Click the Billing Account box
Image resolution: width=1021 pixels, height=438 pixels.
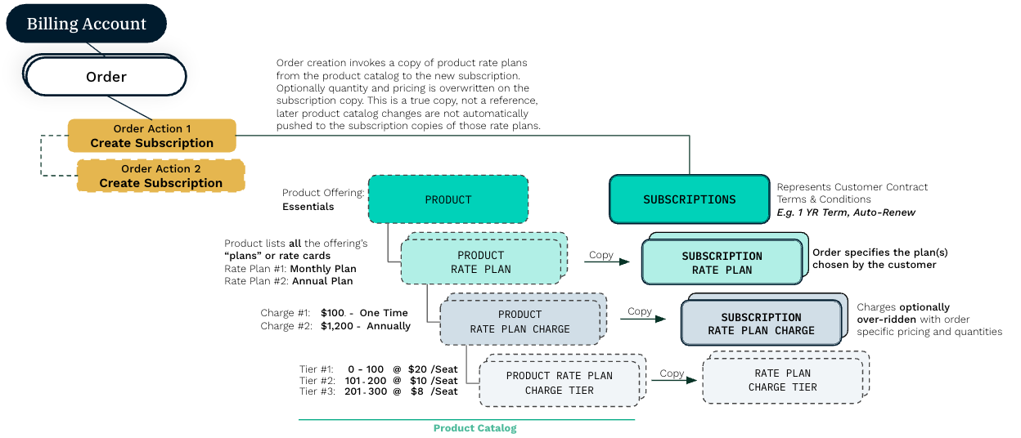coord(86,24)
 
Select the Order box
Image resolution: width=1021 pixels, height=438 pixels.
coord(106,77)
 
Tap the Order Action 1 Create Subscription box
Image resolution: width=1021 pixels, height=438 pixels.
coord(152,136)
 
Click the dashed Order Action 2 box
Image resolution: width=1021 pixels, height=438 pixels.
coord(161,176)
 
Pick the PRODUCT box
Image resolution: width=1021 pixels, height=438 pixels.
coord(448,199)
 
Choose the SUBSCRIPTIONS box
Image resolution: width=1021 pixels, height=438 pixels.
coord(689,199)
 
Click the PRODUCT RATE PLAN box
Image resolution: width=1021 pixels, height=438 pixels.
coord(481,262)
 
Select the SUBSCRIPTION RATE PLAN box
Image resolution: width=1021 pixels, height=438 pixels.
coord(722,262)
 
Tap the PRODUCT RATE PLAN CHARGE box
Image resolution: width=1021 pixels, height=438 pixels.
coord(519,322)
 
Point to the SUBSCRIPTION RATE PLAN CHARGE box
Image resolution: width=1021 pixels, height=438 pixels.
coord(761,324)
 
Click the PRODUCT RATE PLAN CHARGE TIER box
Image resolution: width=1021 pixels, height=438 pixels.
coord(559,383)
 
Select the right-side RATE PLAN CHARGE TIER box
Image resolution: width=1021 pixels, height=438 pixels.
coord(782,380)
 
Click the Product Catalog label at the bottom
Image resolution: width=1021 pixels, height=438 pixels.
coord(475,428)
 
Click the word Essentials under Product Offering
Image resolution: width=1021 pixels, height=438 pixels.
coord(308,207)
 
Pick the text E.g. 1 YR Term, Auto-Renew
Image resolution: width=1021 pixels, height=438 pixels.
coord(846,212)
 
